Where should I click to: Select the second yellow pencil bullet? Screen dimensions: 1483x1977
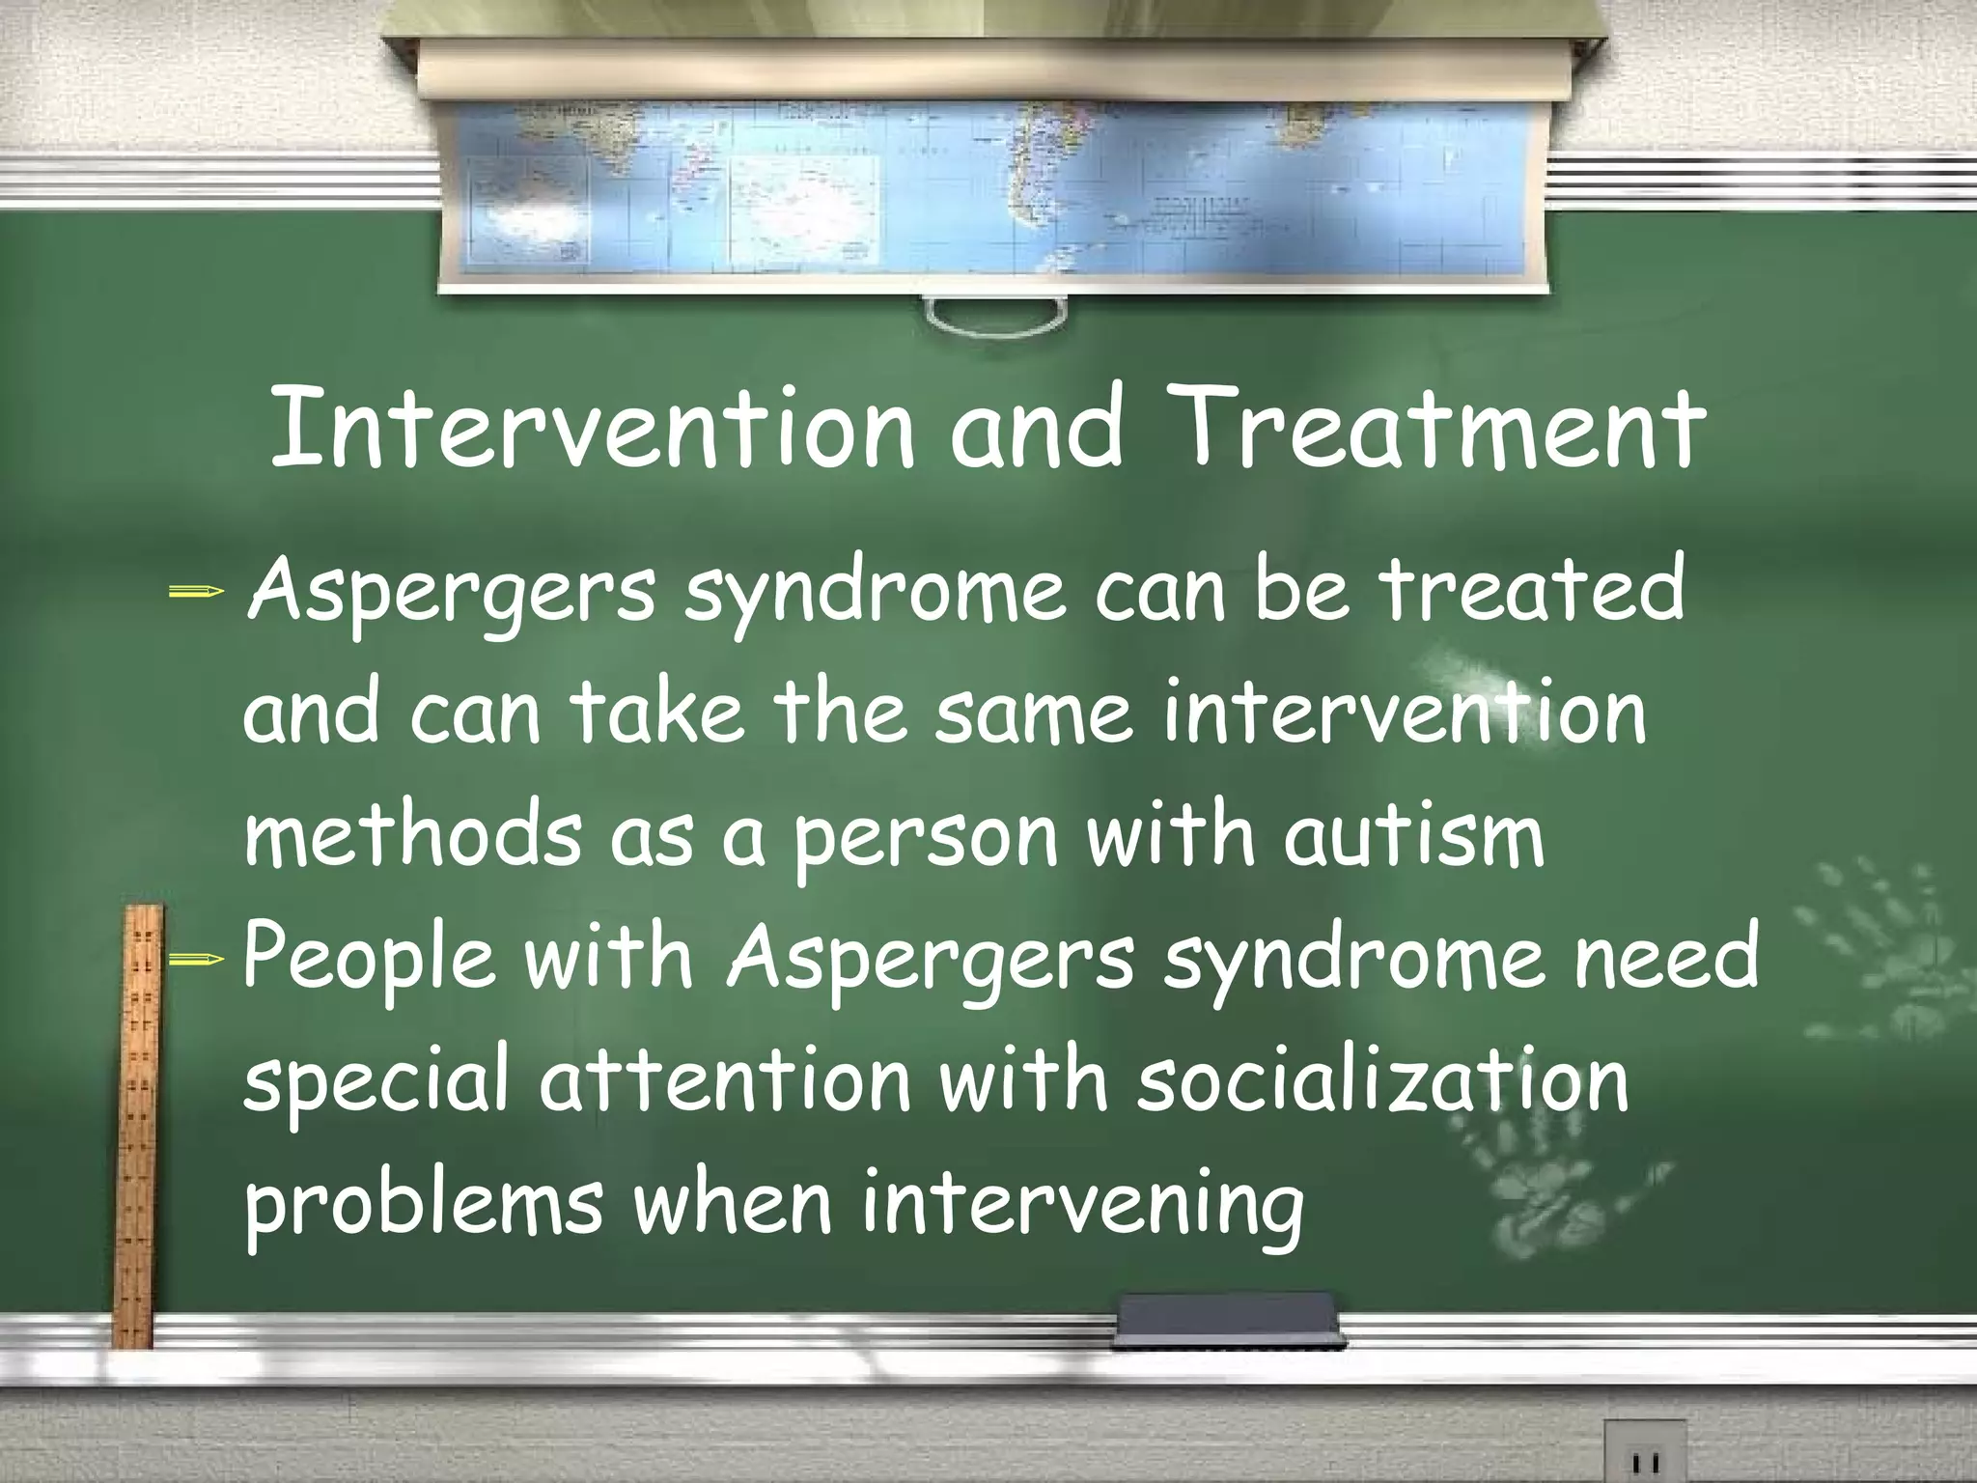click(196, 959)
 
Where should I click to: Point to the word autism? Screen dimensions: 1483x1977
click(1413, 836)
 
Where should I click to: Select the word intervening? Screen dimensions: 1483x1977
click(1081, 1207)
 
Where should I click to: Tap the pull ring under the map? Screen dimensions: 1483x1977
click(994, 314)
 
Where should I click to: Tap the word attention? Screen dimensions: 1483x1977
click(724, 1081)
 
